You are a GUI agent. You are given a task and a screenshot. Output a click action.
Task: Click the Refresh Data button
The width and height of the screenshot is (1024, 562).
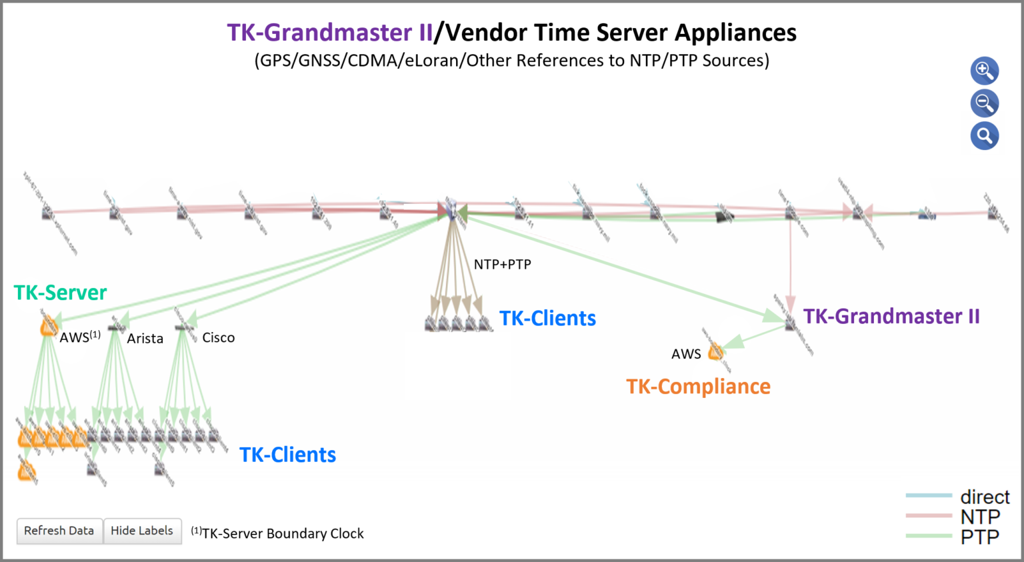pos(59,531)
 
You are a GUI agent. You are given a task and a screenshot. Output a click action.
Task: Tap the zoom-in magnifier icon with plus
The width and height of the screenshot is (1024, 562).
pos(984,71)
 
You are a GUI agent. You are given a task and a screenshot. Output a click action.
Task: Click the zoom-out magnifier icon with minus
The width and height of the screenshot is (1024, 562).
pos(984,103)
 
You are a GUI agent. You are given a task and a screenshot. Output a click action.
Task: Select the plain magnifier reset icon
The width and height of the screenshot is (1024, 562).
pos(984,136)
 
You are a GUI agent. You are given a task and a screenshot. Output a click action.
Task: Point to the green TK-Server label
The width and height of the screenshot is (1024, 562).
pos(60,293)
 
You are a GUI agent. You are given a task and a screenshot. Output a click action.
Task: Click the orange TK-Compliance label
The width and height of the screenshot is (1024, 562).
pos(698,387)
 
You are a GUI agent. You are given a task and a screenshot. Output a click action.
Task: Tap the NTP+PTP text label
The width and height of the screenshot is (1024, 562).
pos(502,265)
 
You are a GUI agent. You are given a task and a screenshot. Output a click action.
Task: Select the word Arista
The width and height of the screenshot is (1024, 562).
pos(145,339)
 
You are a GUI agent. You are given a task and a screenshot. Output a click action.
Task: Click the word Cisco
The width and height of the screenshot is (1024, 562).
pos(218,338)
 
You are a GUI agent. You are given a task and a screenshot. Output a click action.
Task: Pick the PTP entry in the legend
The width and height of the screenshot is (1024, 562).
pos(979,537)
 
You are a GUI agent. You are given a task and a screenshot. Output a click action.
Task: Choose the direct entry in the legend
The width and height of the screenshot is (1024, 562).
pos(984,497)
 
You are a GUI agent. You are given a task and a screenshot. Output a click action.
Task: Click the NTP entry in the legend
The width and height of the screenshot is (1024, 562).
pos(979,517)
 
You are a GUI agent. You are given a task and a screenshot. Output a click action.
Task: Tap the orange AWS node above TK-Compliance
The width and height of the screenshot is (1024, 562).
pos(715,351)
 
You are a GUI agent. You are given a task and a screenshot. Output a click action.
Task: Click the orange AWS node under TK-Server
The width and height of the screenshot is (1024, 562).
pos(48,327)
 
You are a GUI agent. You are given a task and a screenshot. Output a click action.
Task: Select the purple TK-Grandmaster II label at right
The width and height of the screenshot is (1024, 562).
pos(891,316)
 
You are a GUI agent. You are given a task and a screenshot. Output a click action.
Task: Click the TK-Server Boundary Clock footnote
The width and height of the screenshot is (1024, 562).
pos(277,533)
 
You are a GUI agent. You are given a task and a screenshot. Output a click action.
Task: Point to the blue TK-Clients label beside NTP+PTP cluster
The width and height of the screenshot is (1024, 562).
pos(547,319)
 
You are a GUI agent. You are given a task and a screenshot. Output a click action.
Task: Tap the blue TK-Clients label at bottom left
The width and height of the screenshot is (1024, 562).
pos(287,455)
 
